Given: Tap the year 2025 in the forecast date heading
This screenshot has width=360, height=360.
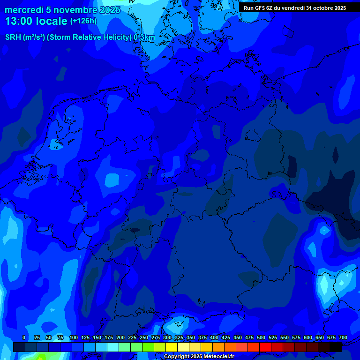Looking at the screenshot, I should (x=110, y=10).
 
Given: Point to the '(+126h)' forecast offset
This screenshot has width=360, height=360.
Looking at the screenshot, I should (x=83, y=21).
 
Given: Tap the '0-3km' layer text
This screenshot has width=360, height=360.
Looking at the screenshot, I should (x=144, y=37).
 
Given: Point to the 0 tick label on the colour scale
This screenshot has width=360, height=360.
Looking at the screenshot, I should (x=24, y=337).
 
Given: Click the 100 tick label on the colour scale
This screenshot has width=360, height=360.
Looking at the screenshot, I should (x=74, y=337).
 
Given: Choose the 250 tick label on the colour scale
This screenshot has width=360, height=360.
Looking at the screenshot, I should (x=144, y=337).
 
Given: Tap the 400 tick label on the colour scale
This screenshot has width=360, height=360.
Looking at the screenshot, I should (x=214, y=337).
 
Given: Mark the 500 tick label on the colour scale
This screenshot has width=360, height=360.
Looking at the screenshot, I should (x=261, y=337).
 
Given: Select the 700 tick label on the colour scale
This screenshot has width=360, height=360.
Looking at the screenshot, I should (x=343, y=337).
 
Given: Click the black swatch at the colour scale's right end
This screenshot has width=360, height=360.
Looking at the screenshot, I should (x=336, y=347).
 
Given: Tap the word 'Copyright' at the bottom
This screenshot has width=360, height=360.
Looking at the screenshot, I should (x=177, y=357).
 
